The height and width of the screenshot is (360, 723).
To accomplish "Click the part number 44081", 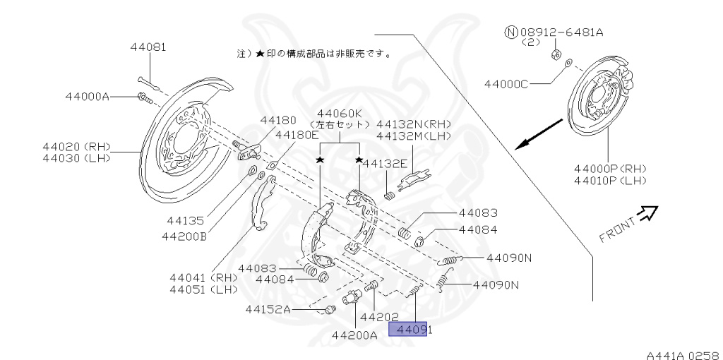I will tap(148, 48).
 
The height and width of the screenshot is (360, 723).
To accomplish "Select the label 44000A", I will tap(87, 97).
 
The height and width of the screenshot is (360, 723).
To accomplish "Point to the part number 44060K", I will tap(339, 114).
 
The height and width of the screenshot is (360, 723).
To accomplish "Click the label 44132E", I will tap(386, 164).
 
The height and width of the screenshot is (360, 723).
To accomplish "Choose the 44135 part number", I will tap(186, 220).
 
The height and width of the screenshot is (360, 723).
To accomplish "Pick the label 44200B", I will tap(184, 236).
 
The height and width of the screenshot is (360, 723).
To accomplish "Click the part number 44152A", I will tap(268, 308).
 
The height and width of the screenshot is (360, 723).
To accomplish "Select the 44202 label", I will tap(380, 317).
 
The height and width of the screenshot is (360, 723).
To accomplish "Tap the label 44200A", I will tap(354, 335).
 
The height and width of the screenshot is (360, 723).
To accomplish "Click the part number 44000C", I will tap(506, 84).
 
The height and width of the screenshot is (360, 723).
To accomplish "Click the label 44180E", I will tap(297, 135).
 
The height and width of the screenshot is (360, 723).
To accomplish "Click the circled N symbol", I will tap(510, 32).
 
